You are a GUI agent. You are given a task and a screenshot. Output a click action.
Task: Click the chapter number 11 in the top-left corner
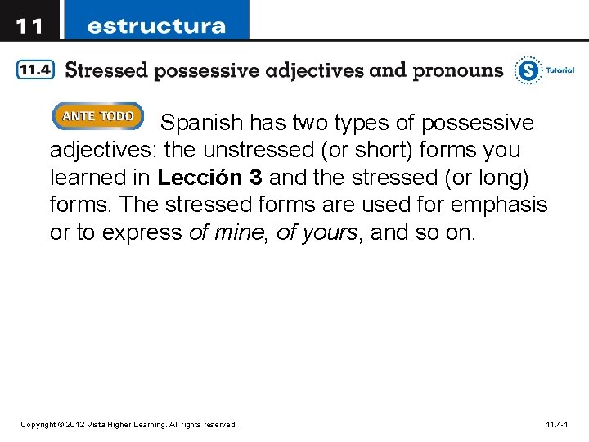pos(30,25)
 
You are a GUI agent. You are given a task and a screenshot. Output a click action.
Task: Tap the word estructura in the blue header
pos(156,25)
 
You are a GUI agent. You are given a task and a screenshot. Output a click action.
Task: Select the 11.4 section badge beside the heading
pos(35,70)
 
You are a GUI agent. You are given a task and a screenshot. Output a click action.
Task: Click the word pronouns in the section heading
pos(458,70)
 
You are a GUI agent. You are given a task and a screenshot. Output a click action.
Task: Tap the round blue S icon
pos(528,70)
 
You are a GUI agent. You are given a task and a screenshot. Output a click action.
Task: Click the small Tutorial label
pos(560,70)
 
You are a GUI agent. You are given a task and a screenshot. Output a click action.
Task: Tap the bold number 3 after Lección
pos(256,178)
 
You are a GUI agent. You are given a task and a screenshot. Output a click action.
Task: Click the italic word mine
pos(240,232)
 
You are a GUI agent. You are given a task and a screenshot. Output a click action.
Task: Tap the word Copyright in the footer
pos(38,425)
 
